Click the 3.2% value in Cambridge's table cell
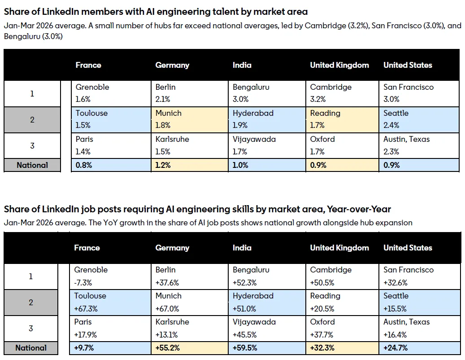317,99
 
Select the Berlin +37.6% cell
190,277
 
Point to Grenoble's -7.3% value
83,282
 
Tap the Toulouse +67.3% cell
110,303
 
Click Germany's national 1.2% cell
190,165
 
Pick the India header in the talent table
242,65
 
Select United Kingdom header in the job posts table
339,248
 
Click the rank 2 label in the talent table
32,120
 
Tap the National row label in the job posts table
31,348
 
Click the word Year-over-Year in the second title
359,209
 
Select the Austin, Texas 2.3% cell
419,145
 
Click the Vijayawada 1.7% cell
267,145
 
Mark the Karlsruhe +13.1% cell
190,328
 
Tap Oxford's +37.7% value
322,335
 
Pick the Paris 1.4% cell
111,145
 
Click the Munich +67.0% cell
190,303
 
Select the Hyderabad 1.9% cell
267,119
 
